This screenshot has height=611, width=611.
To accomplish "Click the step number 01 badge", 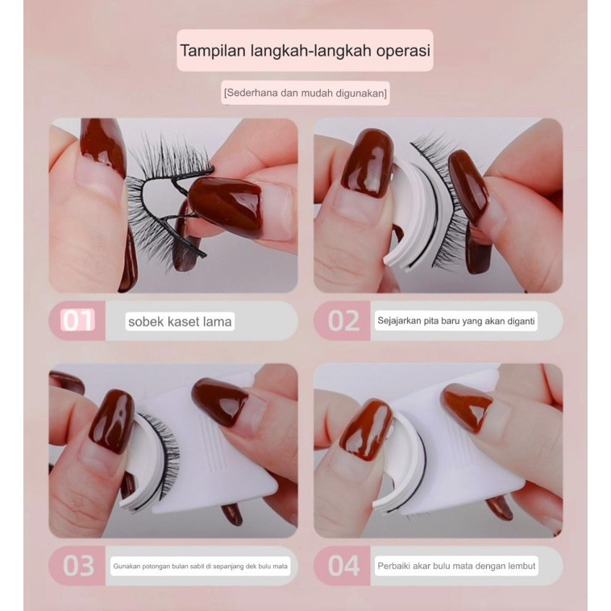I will coord(78,321).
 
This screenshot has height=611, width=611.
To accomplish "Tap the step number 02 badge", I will coord(343,321).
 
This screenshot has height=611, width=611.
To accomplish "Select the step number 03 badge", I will coord(78,566).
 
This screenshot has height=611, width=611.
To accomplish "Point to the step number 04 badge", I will coord(343,566).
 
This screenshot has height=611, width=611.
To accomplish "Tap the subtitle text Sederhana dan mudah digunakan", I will coord(305,94).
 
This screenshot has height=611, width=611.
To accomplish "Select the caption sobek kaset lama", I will coord(180,322).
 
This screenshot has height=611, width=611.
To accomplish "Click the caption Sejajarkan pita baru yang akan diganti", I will coord(456,321).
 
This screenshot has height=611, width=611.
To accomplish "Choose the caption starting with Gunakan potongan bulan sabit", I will coord(201,567).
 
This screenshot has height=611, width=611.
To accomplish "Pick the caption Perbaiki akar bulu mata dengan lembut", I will coord(456,566).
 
